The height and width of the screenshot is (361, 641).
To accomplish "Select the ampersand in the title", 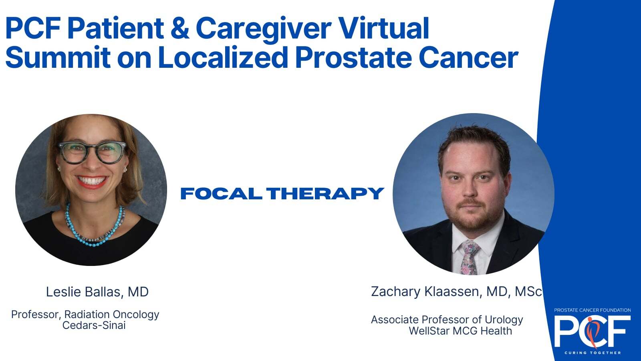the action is (180, 28).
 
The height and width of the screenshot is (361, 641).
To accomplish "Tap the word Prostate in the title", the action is (353, 58).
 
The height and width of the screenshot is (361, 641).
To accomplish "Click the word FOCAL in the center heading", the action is (221, 193).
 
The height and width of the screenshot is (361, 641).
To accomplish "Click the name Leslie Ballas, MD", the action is (97, 292).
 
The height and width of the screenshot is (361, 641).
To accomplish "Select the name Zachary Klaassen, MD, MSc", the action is (456, 292).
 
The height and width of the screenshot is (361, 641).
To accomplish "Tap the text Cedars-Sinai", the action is (94, 325).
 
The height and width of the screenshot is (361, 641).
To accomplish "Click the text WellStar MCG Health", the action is (460, 331).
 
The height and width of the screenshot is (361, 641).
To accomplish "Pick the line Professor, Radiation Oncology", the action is (85, 314).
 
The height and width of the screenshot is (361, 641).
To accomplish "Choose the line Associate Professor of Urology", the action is (447, 320).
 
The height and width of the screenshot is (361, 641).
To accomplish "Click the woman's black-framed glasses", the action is (93, 152).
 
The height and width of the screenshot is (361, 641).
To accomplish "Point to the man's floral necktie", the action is (470, 256).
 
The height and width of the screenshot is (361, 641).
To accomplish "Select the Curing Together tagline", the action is (593, 353).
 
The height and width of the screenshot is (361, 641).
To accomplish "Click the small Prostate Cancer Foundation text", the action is (593, 310).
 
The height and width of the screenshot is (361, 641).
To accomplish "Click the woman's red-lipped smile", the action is (92, 182).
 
